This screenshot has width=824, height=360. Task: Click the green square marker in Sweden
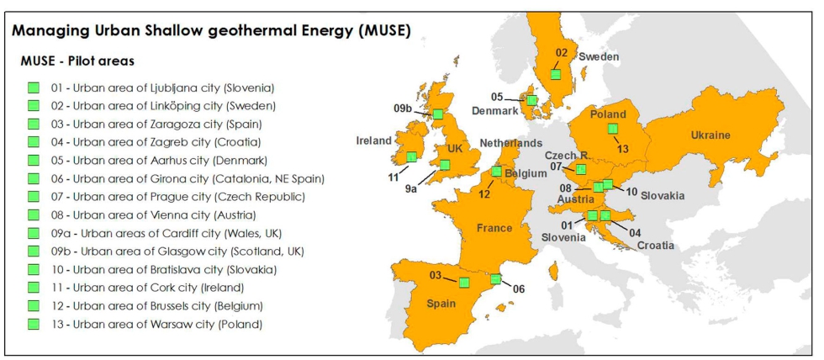click(555, 74)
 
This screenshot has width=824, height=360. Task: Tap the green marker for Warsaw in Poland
click(613, 128)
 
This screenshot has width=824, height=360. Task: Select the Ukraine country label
click(710, 135)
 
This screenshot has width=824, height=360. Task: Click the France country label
click(494, 228)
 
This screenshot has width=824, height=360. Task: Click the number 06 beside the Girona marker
click(519, 289)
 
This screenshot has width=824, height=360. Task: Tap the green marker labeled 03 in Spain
click(463, 282)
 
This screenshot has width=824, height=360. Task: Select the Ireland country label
click(372, 140)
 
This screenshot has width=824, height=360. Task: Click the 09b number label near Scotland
click(403, 108)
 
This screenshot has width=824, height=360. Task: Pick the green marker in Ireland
click(411, 156)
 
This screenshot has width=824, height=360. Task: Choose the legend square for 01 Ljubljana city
click(34, 87)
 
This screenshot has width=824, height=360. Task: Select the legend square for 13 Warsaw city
click(34, 324)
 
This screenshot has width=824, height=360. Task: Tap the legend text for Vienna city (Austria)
click(165, 214)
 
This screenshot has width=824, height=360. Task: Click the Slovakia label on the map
click(662, 195)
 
